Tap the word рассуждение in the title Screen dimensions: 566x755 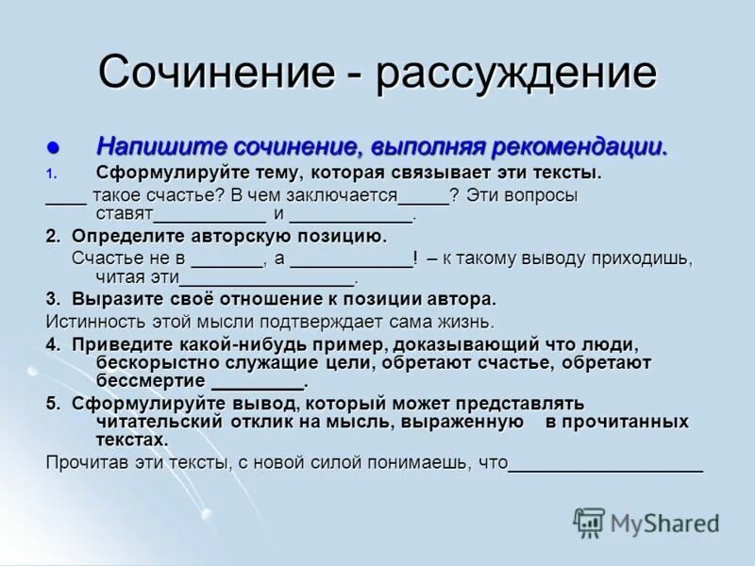pos(516,73)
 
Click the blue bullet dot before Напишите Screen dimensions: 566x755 pos(53,148)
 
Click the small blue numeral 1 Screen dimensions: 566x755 pos(52,174)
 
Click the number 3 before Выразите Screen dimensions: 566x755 pos(51,299)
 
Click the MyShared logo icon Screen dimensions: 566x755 pos(590,523)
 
